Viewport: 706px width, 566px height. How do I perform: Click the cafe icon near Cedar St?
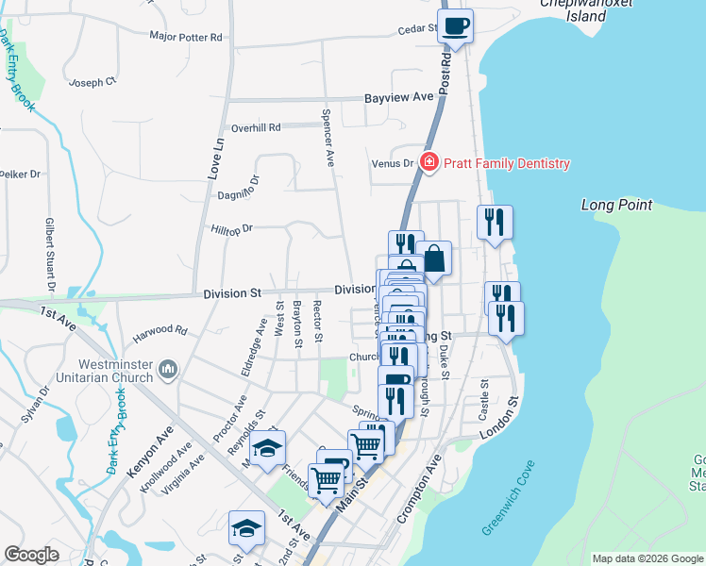(456, 26)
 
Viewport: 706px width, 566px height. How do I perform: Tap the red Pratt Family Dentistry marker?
(429, 163)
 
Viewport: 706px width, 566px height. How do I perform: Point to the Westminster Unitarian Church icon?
(169, 367)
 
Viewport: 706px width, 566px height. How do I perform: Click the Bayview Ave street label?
(398, 97)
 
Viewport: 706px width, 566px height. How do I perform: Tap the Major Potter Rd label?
(186, 38)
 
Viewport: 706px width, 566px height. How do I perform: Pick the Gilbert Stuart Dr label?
(49, 255)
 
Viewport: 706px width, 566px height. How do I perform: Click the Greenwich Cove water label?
(508, 498)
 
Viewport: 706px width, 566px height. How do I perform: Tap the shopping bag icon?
(434, 258)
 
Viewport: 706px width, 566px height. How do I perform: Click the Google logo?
(31, 555)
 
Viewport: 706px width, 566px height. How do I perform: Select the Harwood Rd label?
(160, 331)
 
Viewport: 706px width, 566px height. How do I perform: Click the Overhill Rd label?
(257, 127)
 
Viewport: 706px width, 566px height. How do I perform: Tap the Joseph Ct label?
(92, 83)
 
